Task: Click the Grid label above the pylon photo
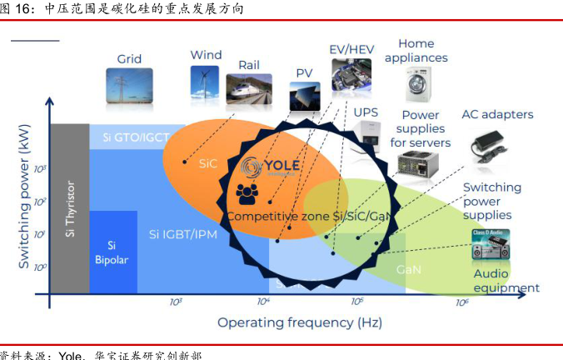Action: pos(129,59)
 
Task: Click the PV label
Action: pos(304,73)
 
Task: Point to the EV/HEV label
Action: pos(351,49)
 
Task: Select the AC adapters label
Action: pos(497,114)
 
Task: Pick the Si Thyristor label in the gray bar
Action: pos(70,208)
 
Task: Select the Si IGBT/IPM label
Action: pos(183,234)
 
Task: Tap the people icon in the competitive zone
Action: pos(247,194)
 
